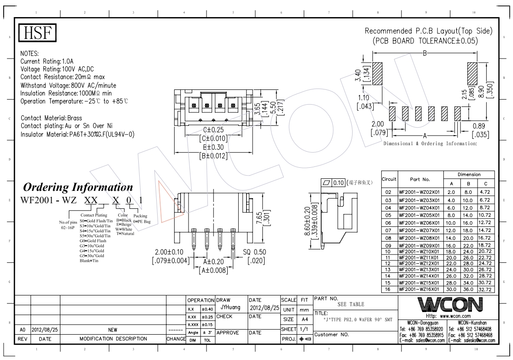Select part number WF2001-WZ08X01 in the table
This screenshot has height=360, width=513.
(x=419, y=238)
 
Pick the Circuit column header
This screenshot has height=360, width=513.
(x=389, y=179)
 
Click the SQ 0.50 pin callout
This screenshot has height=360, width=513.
(x=254, y=253)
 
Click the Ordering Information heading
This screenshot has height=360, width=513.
(x=78, y=188)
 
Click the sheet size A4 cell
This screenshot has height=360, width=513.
(x=304, y=319)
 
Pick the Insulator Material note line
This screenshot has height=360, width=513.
(x=77, y=134)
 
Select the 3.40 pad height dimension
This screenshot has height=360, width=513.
(x=358, y=77)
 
